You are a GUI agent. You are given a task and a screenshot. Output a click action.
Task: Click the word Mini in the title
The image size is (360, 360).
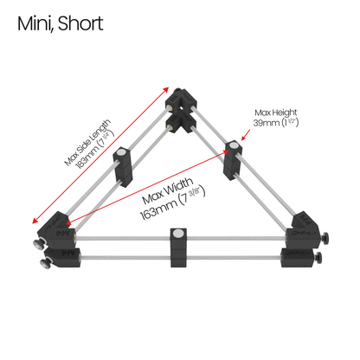(x=35, y=23)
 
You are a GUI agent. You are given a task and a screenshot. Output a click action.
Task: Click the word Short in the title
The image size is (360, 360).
(x=80, y=23)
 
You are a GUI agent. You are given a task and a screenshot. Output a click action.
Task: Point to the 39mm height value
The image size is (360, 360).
(x=267, y=123)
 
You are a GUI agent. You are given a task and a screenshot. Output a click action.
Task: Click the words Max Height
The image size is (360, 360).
(x=275, y=112)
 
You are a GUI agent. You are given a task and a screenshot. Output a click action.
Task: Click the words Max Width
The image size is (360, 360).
(x=168, y=190)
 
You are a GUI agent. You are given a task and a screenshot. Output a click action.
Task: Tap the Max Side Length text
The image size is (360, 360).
(x=87, y=142)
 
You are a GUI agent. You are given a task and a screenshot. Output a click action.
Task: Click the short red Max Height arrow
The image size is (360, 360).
(x=246, y=135)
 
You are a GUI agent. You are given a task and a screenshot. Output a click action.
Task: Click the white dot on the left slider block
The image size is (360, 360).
(x=121, y=151)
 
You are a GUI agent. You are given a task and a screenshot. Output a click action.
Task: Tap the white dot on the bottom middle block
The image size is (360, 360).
(x=178, y=233)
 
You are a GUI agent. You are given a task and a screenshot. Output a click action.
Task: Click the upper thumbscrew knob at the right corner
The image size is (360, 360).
(x=326, y=237)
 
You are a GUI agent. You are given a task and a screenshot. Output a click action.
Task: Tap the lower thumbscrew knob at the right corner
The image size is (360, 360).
(x=318, y=257)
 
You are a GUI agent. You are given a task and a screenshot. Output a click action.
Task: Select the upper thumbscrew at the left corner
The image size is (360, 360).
(x=39, y=244)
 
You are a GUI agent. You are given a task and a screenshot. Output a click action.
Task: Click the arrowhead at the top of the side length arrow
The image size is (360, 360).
(x=165, y=89)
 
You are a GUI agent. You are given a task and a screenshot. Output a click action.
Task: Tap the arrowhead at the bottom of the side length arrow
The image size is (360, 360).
(x=35, y=221)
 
